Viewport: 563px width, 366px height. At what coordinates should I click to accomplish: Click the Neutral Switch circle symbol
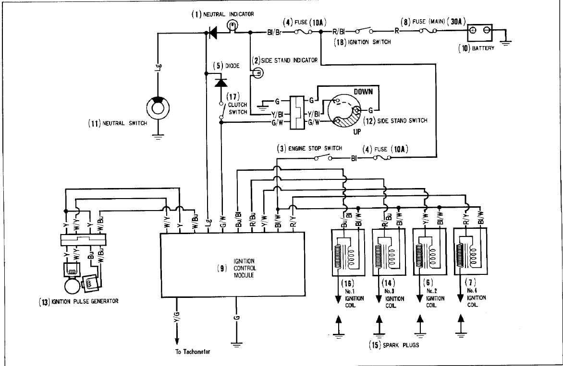[x=158, y=108]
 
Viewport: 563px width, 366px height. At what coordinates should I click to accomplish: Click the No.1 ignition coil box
[x=347, y=253]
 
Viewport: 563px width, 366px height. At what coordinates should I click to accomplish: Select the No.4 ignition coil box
[x=470, y=253]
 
